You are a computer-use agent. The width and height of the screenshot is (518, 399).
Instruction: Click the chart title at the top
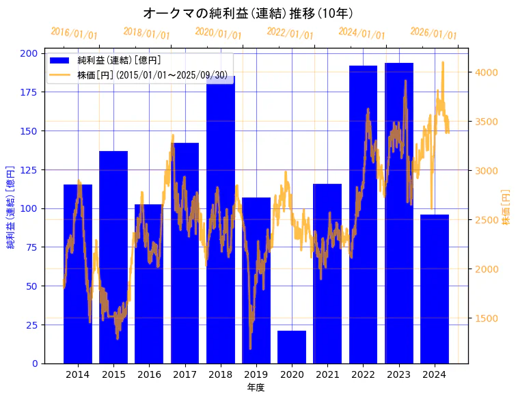pos(248,13)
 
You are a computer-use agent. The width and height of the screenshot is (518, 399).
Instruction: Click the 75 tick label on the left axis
pos(32,247)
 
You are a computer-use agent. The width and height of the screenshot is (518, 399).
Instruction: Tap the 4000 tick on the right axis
pos(486,72)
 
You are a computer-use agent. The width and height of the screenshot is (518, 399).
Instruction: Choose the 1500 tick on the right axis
pos(486,318)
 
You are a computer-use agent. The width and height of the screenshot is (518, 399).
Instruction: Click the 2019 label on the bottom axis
pos(256,374)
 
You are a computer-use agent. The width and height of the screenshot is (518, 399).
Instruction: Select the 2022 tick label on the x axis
pos(363,374)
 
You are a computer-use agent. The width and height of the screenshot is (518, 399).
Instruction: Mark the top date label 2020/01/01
pos(218,33)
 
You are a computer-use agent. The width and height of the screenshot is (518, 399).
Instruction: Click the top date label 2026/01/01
pos(433,33)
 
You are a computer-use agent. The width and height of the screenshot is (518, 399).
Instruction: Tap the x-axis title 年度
pos(256,387)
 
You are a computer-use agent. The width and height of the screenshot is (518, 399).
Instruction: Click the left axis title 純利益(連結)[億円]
pos(11,208)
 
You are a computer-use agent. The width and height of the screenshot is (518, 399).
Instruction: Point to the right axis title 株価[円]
pos(506,208)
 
